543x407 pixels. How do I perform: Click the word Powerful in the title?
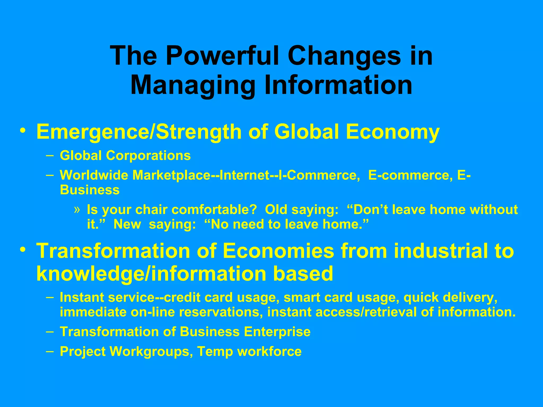223,56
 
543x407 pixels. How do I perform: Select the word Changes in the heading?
344,56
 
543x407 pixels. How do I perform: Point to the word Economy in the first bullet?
393,132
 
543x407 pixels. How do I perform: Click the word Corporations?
148,155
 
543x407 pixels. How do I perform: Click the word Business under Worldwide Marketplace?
90,190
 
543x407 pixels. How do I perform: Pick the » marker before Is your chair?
77,209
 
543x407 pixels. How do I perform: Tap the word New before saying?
127,224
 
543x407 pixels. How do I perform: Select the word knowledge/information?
151,273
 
